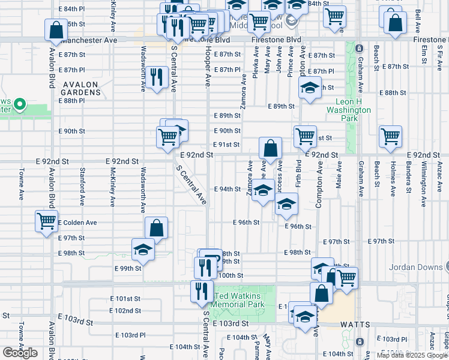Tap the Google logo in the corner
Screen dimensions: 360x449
pos(20,352)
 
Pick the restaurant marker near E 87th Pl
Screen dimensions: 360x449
pos(157,76)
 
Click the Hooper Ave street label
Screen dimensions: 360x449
pos(208,66)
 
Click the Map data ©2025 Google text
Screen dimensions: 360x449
pos(412,355)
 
